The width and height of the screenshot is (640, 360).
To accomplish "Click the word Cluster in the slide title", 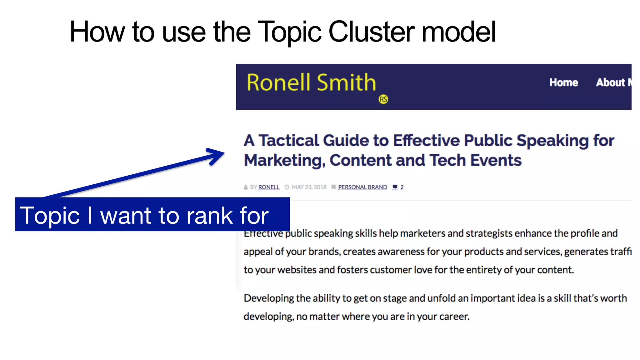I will point(372,32).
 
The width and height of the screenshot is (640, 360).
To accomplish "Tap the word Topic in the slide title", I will point(290,32).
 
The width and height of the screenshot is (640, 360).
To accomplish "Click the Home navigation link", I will point(563,82).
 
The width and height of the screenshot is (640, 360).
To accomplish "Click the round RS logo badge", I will point(383,99).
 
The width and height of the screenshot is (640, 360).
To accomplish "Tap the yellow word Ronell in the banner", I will point(278,83).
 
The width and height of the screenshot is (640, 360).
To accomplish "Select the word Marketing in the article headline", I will point(284,161).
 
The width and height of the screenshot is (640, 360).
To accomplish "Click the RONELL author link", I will point(269,187).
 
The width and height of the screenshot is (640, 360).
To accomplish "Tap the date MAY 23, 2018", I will point(309,187).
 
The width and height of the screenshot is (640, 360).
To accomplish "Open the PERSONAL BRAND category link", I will point(362,187).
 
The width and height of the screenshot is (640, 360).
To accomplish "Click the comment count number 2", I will point(402,187).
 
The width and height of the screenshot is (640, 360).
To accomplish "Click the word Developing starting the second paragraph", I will point(269,298).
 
